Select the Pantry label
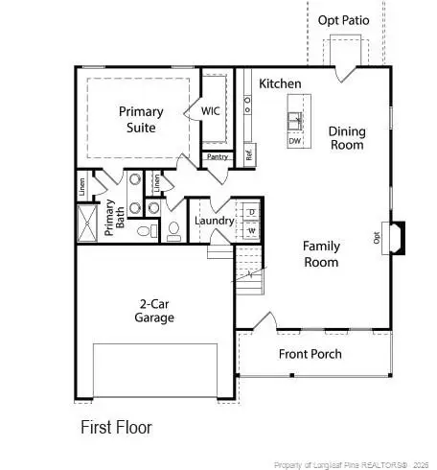217,156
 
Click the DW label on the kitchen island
295,141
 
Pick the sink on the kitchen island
295,122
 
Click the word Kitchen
280,83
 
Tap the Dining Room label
346,138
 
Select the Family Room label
322,253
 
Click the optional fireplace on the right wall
394,236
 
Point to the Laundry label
214,221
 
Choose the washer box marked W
251,230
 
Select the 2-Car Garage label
153,309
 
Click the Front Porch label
310,354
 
